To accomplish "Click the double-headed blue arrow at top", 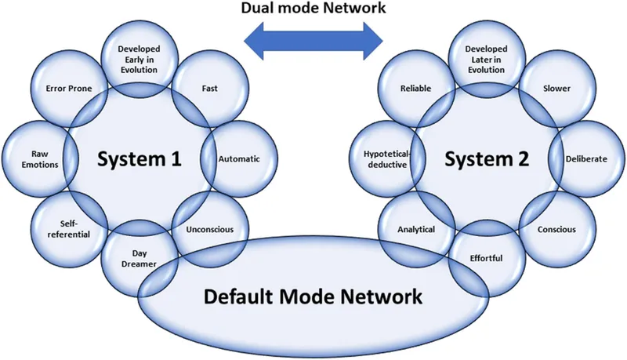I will coord(313,40).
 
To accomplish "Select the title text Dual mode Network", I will coord(313,9).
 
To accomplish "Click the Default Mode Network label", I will coord(313,297).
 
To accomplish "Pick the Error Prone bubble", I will coord(70,89).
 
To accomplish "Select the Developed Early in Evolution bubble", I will coord(139,59).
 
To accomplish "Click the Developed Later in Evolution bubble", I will coord(487,59).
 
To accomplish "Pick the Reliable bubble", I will coord(415,89).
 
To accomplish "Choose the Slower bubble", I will coord(556,89).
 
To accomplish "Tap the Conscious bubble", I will coord(556,230).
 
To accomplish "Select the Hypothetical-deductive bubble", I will coord(384,158).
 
